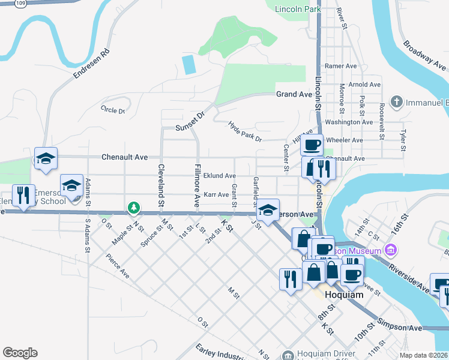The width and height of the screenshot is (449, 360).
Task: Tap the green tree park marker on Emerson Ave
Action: pos(133,208)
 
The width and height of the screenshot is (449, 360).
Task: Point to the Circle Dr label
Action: pos(113,110)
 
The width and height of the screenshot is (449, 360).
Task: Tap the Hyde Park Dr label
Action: pos(246,131)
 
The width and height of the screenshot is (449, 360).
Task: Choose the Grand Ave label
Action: pos(294,94)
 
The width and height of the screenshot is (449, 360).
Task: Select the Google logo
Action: pos(20,353)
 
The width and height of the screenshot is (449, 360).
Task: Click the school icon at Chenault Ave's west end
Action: pos(46,159)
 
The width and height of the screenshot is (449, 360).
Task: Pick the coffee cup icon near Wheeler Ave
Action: pos(312,145)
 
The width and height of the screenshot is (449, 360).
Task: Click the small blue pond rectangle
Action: pos(189,64)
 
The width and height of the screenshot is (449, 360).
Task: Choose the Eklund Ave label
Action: pos(219,176)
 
